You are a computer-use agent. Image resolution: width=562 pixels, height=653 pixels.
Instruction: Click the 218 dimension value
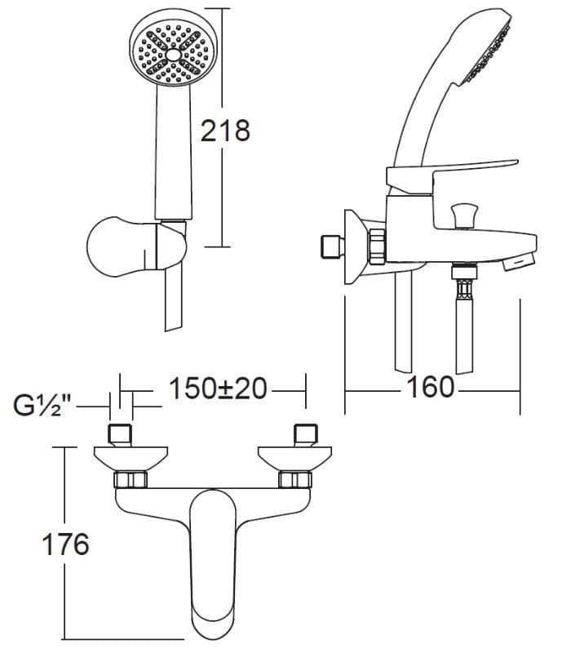(225, 131)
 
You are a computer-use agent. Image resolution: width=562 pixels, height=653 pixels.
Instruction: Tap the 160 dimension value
(430, 387)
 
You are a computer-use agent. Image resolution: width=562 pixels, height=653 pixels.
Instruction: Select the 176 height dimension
(66, 544)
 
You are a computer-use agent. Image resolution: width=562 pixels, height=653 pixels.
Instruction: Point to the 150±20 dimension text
(218, 389)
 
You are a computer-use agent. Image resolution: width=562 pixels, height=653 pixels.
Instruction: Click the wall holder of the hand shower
(136, 247)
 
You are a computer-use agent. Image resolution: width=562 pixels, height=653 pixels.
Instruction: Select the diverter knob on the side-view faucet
(465, 215)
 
